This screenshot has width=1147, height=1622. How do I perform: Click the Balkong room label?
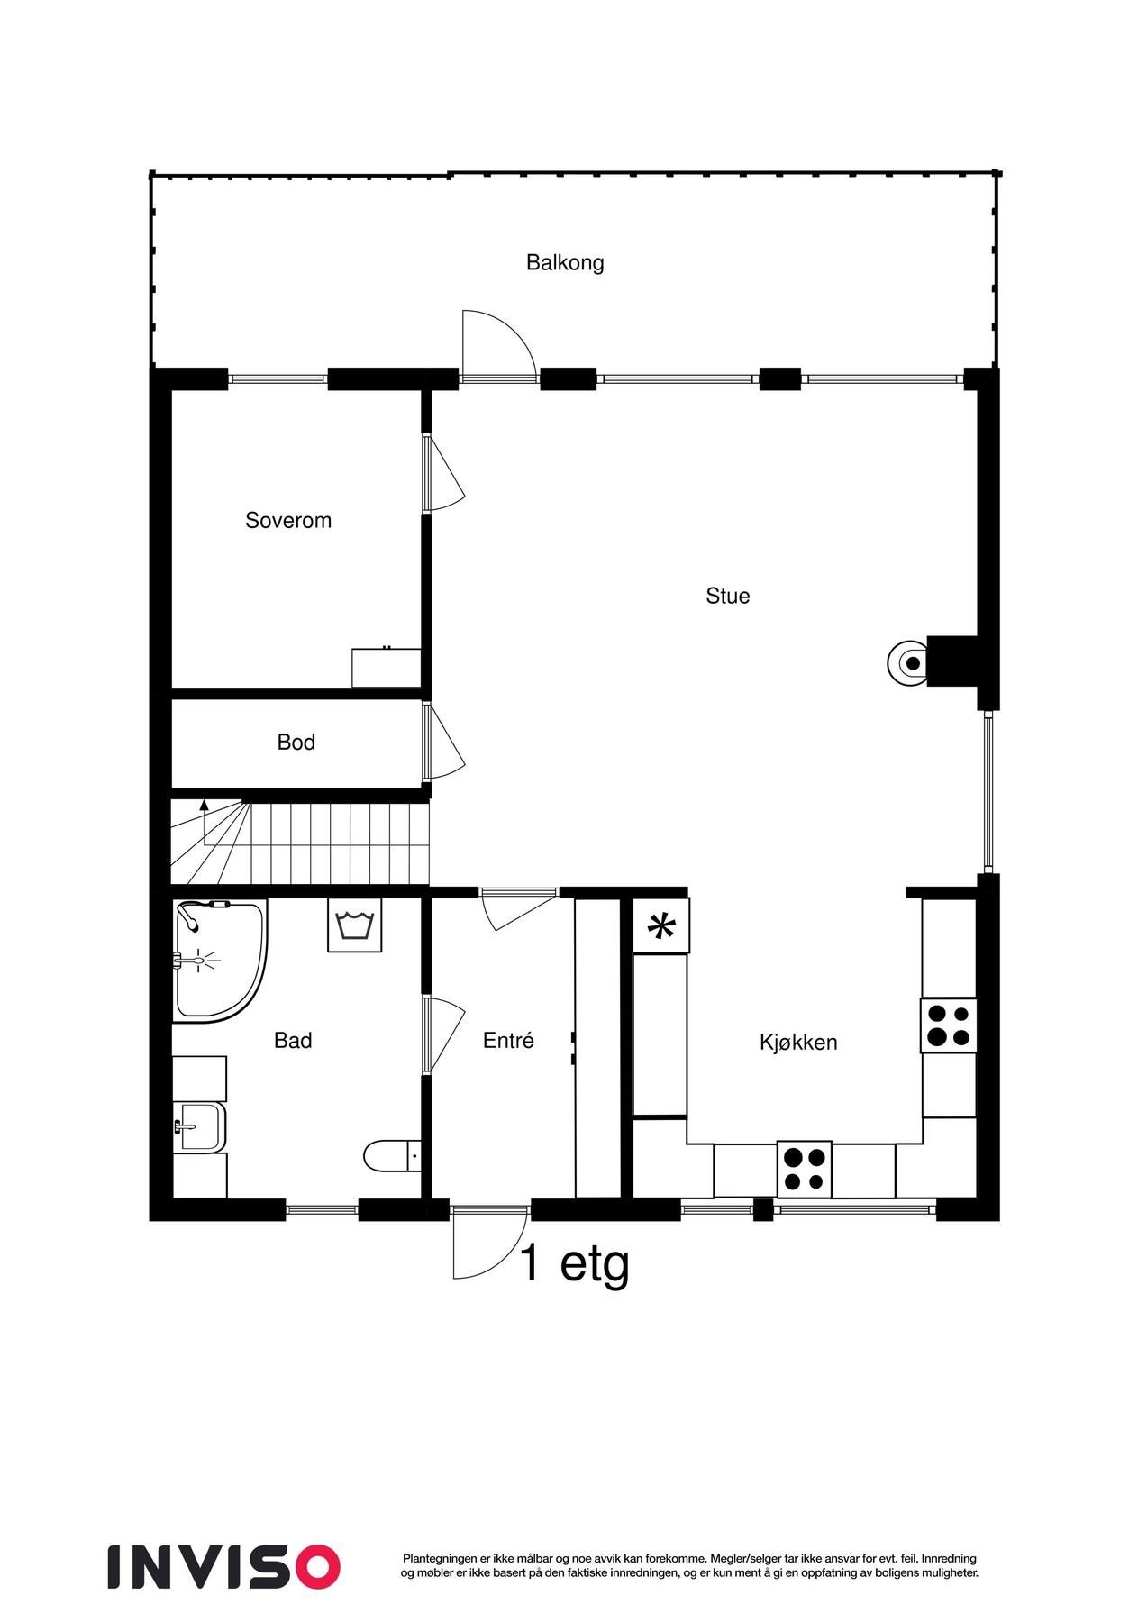(565, 263)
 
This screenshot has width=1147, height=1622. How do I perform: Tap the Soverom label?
(288, 521)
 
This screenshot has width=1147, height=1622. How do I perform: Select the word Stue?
(727, 597)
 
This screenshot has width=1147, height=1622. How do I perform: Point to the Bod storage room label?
(296, 743)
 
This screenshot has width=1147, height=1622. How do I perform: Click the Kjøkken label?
(798, 1043)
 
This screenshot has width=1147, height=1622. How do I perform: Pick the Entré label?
(508, 1041)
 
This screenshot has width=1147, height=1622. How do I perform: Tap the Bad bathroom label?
(293, 1041)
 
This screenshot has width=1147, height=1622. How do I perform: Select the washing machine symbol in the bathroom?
(354, 925)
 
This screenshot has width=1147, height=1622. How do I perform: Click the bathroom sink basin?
(200, 1126)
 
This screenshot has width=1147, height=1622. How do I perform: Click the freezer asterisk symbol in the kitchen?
(661, 926)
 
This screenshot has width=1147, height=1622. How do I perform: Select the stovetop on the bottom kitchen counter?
(804, 1169)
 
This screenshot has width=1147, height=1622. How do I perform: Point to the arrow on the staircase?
(205, 805)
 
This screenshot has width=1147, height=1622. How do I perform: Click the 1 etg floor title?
(574, 1263)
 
